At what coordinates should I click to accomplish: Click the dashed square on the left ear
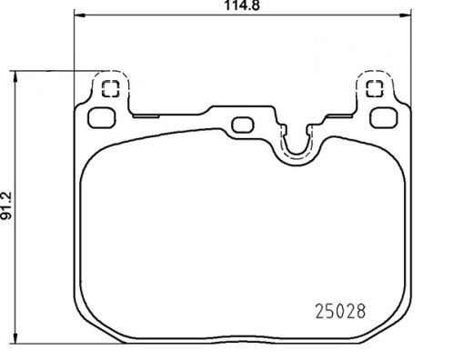110,89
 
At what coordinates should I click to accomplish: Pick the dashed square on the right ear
372,89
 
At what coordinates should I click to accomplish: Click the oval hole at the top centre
242,125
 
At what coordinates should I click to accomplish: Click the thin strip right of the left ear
146,115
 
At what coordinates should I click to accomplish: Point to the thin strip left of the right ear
337,115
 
